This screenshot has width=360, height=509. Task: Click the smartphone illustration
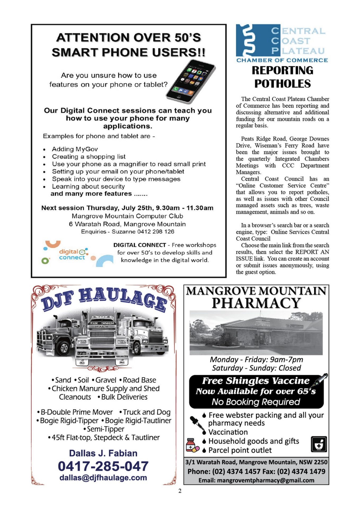pyautogui.click(x=191, y=81)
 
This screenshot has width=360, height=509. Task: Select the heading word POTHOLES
pyautogui.click(x=283, y=84)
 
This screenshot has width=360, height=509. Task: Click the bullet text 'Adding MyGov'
pyautogui.click(x=75, y=149)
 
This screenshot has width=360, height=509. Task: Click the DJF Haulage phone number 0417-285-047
pyautogui.click(x=103, y=466)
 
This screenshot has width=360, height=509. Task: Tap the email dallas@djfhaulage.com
pyautogui.click(x=103, y=478)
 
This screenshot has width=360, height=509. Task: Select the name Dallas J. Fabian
pyautogui.click(x=103, y=453)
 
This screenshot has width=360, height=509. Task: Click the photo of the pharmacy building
pyautogui.click(x=256, y=333)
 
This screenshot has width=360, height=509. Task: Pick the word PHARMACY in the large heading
pyautogui.click(x=256, y=303)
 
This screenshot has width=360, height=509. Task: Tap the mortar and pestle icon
pyautogui.click(x=319, y=444)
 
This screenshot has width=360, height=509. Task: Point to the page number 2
pyautogui.click(x=180, y=491)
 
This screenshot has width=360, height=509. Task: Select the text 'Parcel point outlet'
pyautogui.click(x=240, y=450)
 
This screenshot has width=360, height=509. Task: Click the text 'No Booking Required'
pyautogui.click(x=256, y=402)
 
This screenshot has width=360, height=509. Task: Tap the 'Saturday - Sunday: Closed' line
pyautogui.click(x=256, y=368)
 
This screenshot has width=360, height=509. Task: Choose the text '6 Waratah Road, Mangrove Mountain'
pyautogui.click(x=127, y=224)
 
